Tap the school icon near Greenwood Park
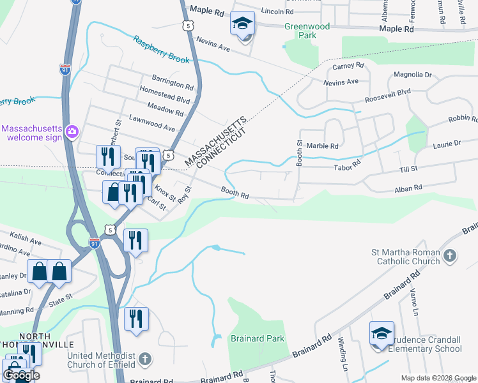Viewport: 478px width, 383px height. pyautogui.click(x=242, y=24)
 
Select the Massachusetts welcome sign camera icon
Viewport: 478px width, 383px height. pyautogui.click(x=72, y=132)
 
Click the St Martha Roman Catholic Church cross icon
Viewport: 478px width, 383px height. pyautogui.click(x=450, y=256)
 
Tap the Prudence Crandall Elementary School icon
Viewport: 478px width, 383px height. pyautogui.click(x=382, y=334)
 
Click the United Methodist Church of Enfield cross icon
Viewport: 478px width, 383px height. pyautogui.click(x=145, y=359)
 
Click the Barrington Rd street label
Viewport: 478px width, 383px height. pyautogui.click(x=173, y=85)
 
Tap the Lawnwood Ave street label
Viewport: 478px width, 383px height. pyautogui.click(x=151, y=128)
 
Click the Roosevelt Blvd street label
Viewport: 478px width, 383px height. pyautogui.click(x=387, y=96)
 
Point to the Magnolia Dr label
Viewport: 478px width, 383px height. pyautogui.click(x=413, y=75)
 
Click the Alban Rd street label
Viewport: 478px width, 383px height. pyautogui.click(x=409, y=188)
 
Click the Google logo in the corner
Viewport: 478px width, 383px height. pyautogui.click(x=21, y=375)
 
